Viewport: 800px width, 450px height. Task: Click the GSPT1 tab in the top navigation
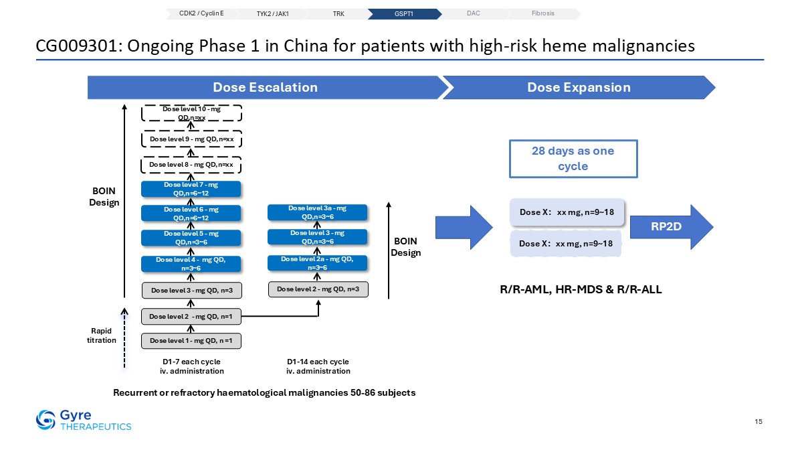[x=404, y=14]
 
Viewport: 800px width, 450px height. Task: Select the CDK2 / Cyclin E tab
[x=201, y=14]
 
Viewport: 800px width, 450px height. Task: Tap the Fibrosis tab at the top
[x=543, y=14]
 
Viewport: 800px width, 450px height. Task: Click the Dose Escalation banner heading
[x=266, y=87]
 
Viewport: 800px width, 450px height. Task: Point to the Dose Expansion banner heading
[x=579, y=87]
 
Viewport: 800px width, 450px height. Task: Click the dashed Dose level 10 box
[x=191, y=113]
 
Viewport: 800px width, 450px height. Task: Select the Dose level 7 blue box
[x=191, y=189]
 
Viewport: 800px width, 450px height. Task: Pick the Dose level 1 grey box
[x=191, y=341]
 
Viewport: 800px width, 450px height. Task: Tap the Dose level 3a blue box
[x=317, y=212]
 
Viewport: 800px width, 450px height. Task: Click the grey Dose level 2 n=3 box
[x=318, y=289]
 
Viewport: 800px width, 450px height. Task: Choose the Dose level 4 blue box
[x=191, y=264]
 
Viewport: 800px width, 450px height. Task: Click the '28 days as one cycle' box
[x=573, y=159]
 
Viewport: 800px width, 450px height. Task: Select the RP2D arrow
[x=672, y=227]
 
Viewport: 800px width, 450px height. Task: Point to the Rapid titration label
[x=102, y=335]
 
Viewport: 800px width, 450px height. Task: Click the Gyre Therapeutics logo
[x=84, y=420]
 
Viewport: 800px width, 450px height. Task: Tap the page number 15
[x=759, y=421]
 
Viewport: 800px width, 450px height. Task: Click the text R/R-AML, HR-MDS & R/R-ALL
[x=581, y=289]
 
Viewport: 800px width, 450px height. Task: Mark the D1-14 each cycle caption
[x=318, y=362]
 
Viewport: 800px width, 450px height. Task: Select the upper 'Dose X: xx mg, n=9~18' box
[x=567, y=212]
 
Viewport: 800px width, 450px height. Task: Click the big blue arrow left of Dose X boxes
[x=464, y=227]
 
